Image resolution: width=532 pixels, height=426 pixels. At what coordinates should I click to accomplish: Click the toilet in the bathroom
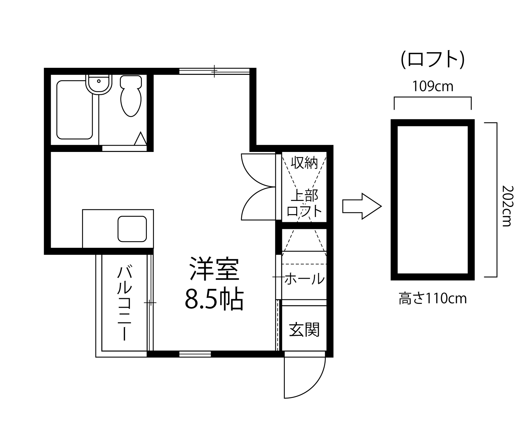131,96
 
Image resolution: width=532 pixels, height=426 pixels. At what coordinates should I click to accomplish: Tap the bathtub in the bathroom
75,110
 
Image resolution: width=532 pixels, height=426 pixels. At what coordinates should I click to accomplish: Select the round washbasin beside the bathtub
99,84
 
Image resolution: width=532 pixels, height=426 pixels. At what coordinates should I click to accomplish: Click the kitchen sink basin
132,229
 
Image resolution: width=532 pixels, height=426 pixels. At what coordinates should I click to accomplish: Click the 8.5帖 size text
214,299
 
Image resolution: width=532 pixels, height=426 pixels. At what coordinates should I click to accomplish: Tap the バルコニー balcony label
124,303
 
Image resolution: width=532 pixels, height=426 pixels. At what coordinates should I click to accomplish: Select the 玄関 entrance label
304,329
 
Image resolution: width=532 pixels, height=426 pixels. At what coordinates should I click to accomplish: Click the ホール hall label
304,279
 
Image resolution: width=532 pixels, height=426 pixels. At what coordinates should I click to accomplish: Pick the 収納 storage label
304,163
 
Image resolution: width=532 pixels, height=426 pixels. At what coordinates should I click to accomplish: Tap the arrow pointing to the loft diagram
362,206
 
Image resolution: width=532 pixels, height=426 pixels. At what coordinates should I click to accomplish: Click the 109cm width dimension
433,86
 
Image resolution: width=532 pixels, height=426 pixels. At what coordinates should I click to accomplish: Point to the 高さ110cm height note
433,299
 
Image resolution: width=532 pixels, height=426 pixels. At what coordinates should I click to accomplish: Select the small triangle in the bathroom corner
140,138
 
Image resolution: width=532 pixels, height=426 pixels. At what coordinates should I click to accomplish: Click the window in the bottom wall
195,354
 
